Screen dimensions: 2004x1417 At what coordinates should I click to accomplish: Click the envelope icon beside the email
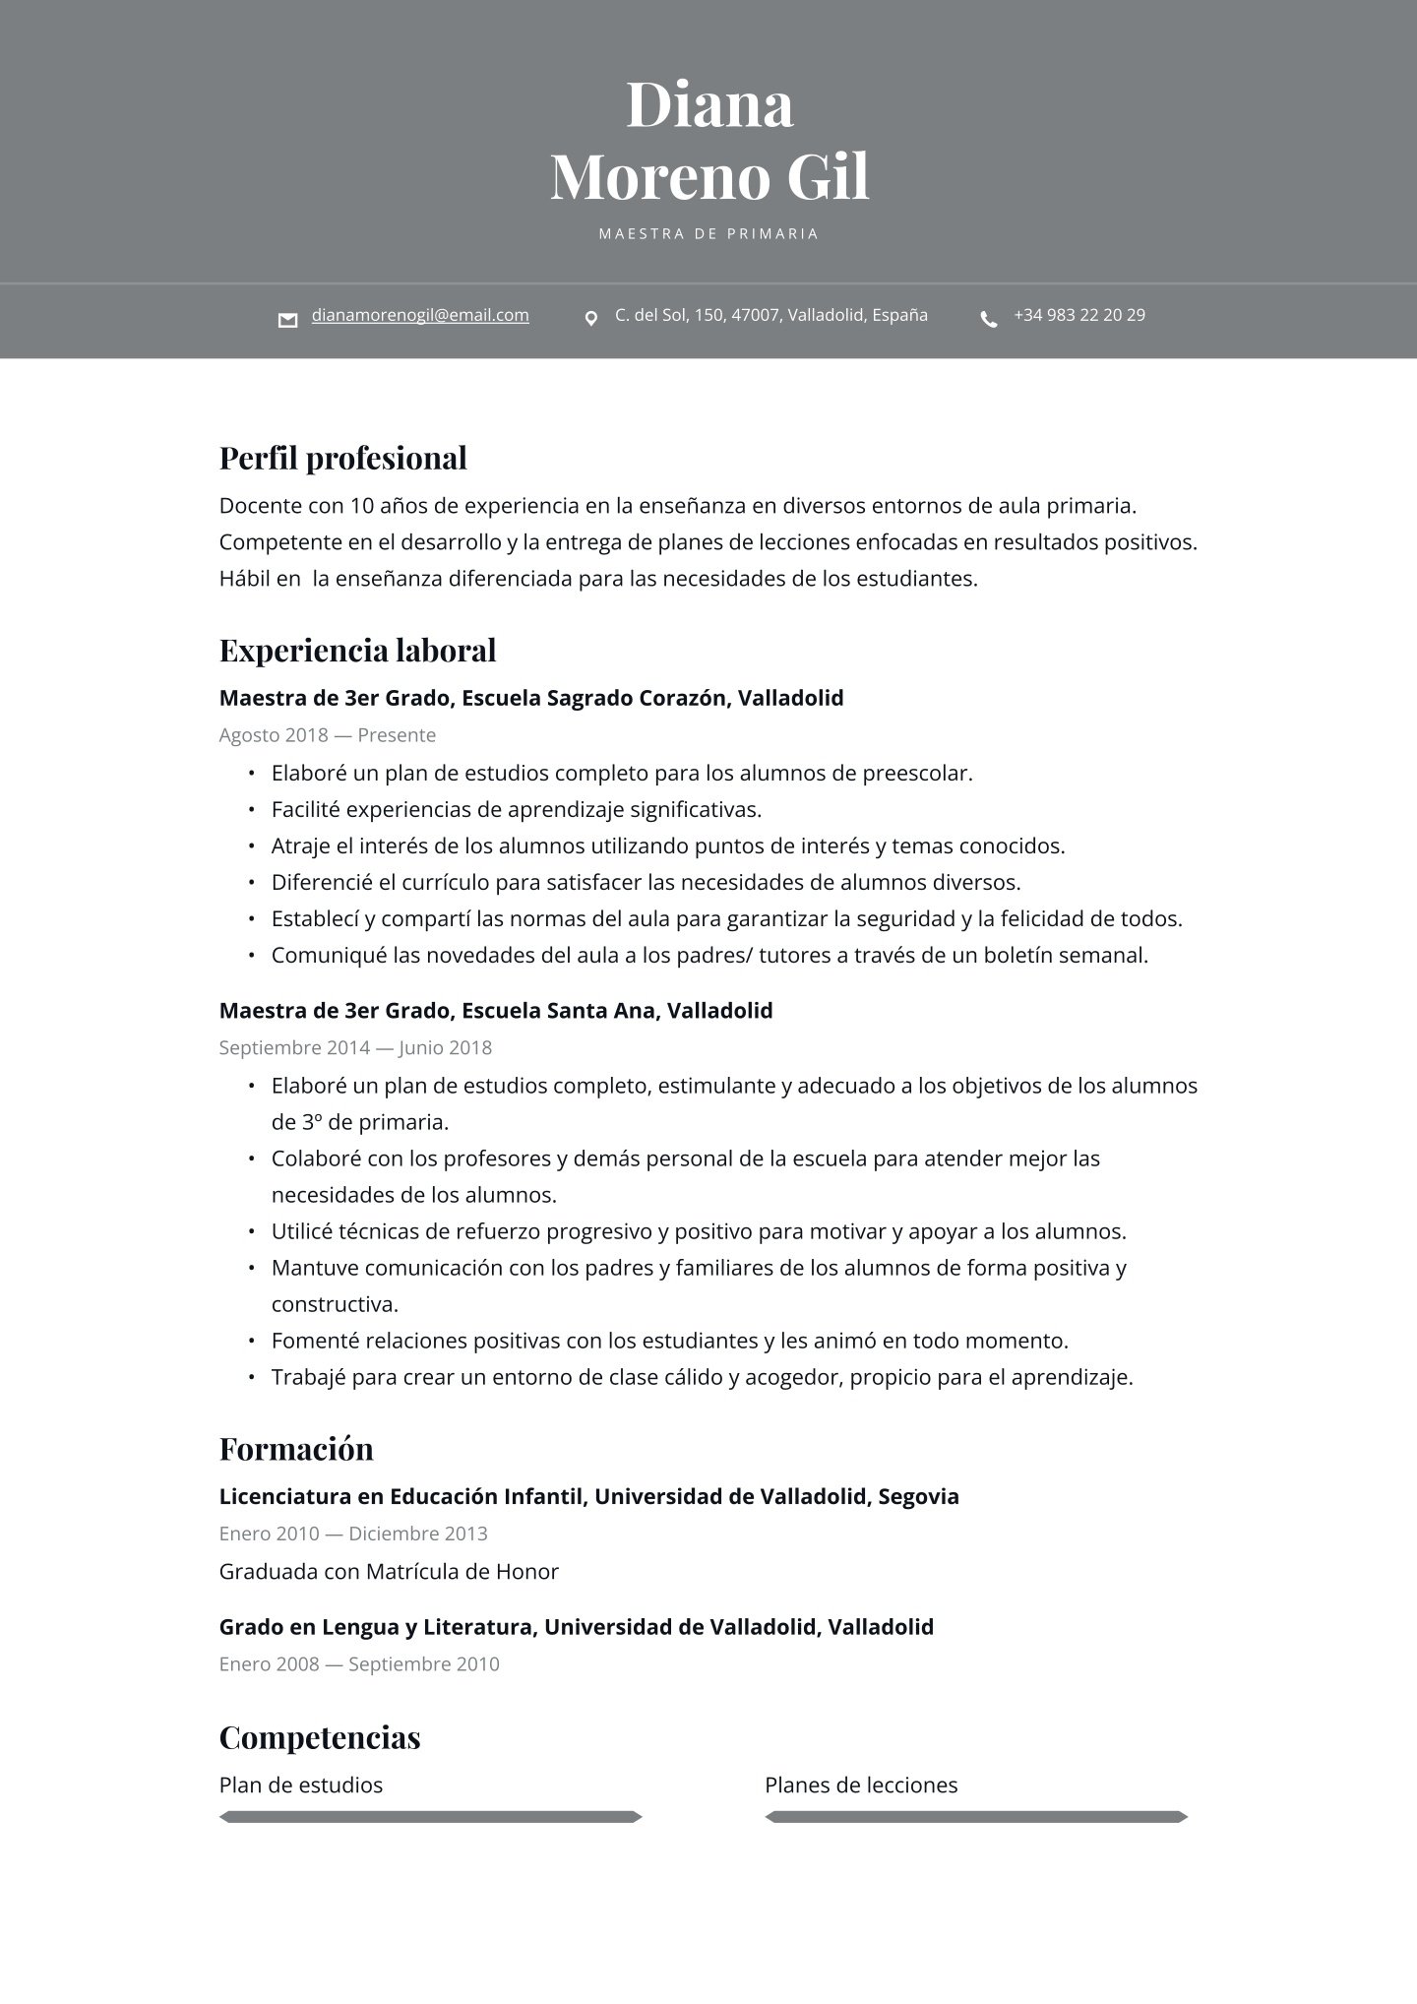(x=287, y=320)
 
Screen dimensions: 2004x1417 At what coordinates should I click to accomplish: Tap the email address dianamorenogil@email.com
(x=420, y=315)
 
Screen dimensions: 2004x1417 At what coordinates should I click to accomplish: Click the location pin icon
(x=590, y=319)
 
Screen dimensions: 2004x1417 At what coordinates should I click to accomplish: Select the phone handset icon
(x=988, y=319)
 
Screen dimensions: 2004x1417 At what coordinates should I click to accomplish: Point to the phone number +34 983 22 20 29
(x=1078, y=315)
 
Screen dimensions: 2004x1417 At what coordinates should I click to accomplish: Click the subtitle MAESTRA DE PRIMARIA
(x=708, y=234)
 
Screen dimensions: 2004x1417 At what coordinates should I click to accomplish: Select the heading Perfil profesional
(x=342, y=459)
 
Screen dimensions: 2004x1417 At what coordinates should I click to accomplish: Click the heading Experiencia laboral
(x=357, y=651)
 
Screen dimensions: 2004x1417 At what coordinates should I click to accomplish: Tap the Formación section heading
(x=296, y=1449)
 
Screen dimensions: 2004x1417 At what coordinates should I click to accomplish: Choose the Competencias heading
(x=320, y=1737)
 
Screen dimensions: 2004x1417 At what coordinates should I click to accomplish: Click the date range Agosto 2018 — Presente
(x=327, y=735)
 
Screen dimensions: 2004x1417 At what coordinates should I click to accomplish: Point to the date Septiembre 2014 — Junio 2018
(x=355, y=1047)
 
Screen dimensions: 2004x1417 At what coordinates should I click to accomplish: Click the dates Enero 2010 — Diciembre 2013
(x=353, y=1534)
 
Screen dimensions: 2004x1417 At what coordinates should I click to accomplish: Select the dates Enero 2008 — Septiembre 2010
(x=359, y=1664)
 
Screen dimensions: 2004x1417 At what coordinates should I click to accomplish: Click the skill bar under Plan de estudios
(x=430, y=1817)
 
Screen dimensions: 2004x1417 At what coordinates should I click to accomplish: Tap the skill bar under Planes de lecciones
(x=976, y=1817)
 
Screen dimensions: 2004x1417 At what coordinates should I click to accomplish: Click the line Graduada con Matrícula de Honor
(x=389, y=1572)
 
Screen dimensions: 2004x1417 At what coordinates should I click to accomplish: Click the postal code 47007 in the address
(x=755, y=315)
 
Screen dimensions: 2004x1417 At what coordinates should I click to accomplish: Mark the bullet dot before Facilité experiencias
(x=251, y=810)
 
